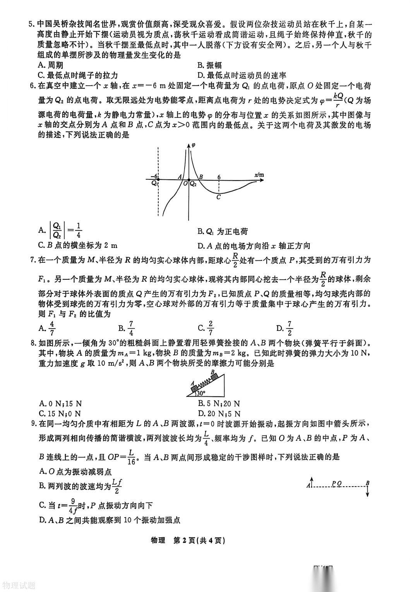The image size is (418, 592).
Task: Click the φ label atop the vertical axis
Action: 194,145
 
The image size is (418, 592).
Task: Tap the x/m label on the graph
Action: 259,175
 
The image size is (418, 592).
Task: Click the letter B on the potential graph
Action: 201,177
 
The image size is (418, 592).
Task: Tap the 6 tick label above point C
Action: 219,177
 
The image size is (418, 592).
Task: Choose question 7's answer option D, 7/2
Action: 285,329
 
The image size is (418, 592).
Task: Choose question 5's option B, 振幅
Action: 209,65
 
